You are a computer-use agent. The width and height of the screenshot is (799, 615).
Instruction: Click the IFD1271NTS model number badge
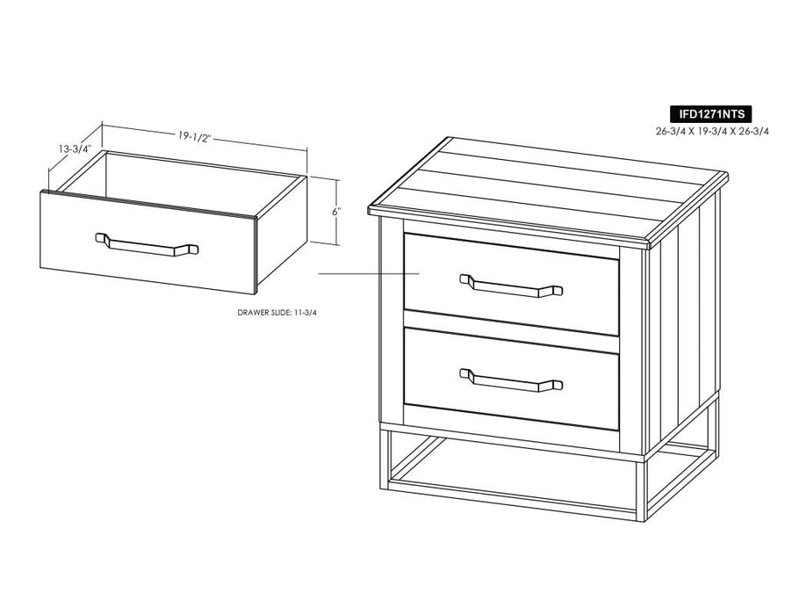tap(710, 113)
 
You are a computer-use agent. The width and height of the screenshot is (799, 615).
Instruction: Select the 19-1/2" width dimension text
tap(194, 137)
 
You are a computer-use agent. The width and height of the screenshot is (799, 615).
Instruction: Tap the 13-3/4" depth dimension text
tap(75, 148)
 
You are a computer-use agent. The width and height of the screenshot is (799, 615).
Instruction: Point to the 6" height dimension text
tap(335, 212)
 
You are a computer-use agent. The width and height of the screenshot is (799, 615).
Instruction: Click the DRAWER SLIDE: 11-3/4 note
tap(277, 313)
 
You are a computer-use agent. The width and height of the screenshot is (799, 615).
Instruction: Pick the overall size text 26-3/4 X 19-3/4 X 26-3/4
tap(712, 131)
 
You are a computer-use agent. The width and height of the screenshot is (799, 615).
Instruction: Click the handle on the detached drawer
tap(147, 244)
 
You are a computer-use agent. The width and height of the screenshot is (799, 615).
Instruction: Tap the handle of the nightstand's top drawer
tap(511, 286)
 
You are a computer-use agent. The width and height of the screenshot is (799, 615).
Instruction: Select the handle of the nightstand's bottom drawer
tap(511, 380)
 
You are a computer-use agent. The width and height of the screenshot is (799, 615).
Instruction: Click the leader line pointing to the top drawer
tap(369, 274)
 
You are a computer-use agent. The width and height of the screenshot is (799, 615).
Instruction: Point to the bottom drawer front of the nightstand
tap(512, 379)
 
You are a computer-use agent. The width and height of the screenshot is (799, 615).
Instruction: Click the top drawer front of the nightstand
tap(512, 284)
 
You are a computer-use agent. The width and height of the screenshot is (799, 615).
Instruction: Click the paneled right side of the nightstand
tap(682, 321)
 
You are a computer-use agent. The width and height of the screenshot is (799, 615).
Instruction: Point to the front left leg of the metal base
tap(385, 454)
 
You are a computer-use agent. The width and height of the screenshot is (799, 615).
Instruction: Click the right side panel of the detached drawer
tap(281, 234)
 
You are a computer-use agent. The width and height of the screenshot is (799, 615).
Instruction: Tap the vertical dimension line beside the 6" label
tap(336, 212)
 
